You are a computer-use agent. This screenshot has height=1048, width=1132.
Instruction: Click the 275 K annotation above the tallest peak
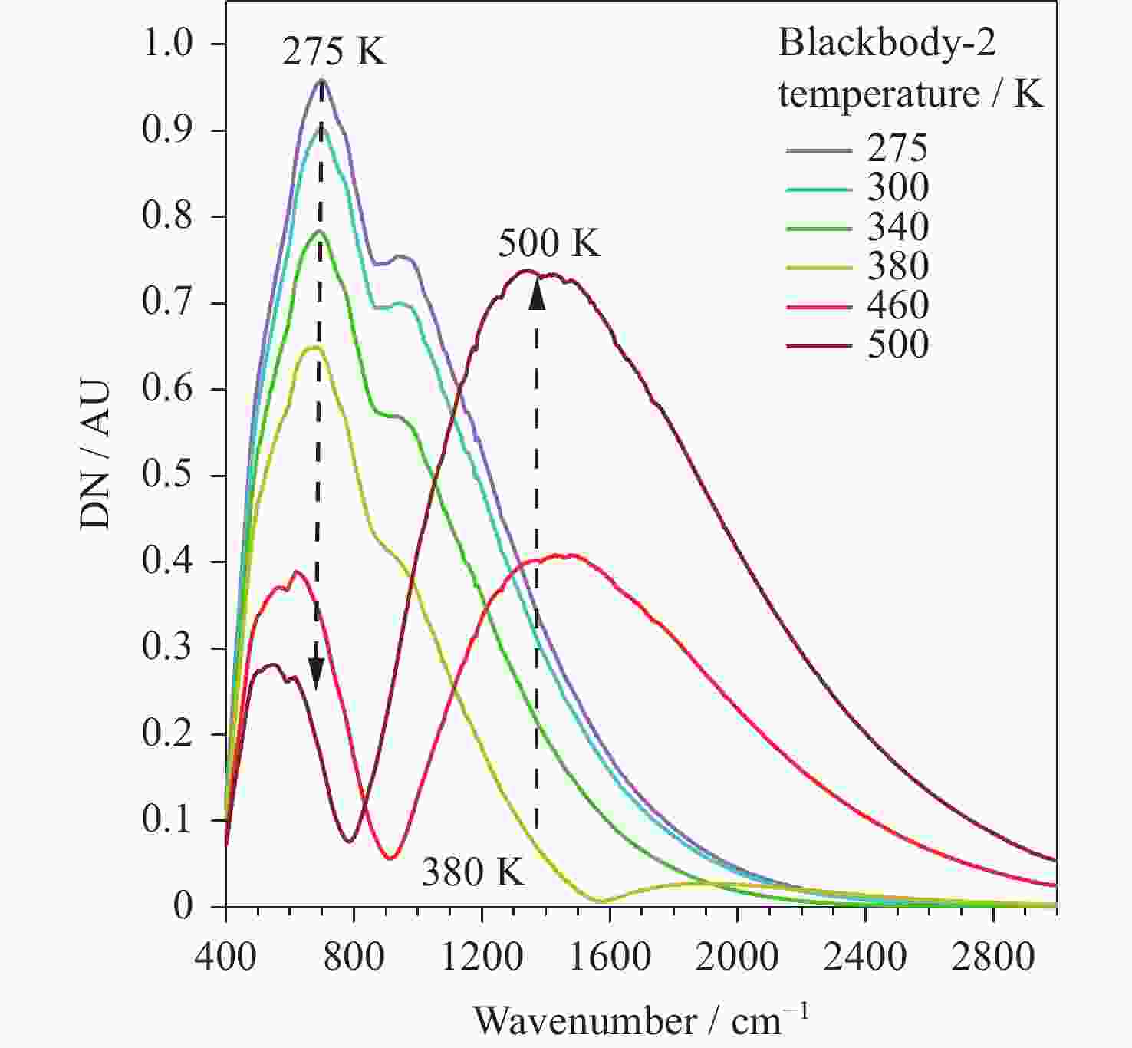coord(334,52)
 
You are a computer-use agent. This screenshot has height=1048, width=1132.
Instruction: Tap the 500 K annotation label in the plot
coord(549,243)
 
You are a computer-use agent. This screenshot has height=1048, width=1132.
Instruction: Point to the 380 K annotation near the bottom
coord(473,872)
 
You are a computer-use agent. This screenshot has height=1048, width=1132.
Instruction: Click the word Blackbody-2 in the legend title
coord(887,43)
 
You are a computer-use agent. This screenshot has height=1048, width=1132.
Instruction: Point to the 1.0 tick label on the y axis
coord(167,44)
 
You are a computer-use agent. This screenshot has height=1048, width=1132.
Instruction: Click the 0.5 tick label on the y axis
coord(167,475)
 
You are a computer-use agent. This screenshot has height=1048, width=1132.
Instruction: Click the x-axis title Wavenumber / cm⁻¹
coord(640,1020)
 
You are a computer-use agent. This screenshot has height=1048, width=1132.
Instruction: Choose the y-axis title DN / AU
coord(95,454)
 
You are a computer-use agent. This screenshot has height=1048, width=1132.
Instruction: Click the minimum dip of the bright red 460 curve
coord(390,857)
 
